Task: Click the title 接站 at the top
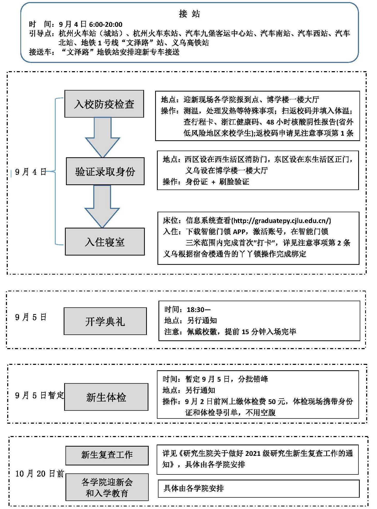[x=189, y=14]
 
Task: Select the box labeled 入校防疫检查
[x=104, y=104]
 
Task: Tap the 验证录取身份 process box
[x=105, y=171]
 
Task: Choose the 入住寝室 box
[x=105, y=242]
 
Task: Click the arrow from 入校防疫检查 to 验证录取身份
[x=103, y=138]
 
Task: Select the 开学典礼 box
[x=105, y=321]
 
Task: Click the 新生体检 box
[x=106, y=397]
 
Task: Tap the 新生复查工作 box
[x=107, y=455]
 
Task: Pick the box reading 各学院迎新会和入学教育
[x=107, y=487]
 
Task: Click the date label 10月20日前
[x=39, y=473]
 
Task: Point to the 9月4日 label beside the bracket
[x=30, y=172]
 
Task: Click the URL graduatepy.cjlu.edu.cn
[x=281, y=221]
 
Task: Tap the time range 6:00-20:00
[x=106, y=24]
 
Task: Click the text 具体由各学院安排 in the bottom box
[x=194, y=488]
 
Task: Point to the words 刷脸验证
[x=234, y=182]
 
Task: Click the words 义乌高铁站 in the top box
[x=190, y=43]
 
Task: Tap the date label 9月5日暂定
[x=39, y=395]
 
